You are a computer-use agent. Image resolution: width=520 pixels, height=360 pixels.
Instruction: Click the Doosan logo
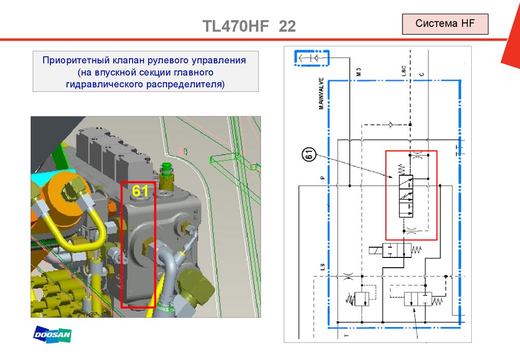52,334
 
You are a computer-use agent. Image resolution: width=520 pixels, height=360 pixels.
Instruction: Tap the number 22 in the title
286,26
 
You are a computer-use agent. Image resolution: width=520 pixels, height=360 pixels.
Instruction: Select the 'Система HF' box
445,24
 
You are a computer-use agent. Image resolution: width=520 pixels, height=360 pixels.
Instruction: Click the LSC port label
403,71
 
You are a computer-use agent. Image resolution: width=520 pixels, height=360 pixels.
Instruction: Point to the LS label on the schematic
322,266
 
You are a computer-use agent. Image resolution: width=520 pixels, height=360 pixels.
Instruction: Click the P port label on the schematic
322,178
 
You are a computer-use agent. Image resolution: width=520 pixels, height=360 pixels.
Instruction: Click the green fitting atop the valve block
166,175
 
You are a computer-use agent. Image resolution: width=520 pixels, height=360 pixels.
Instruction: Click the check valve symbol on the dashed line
391,123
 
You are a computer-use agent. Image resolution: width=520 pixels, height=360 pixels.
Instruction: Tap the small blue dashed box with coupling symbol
312,58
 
